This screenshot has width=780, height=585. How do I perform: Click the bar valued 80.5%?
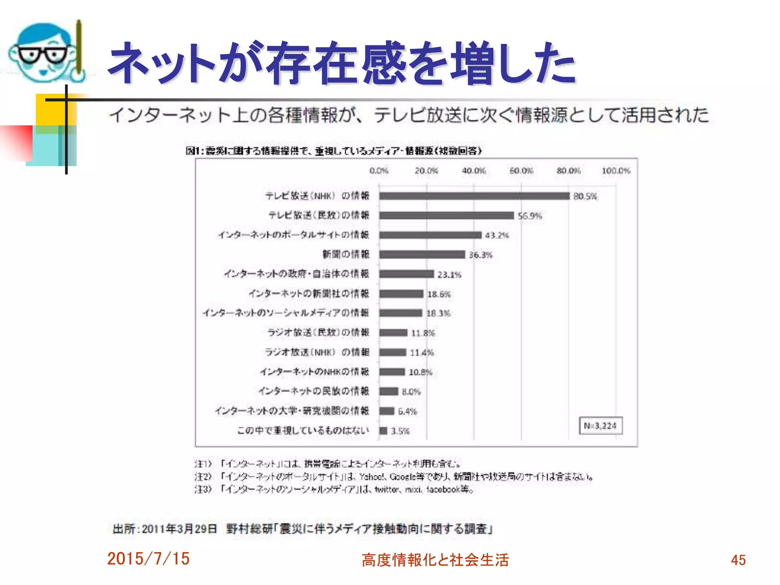[474, 196]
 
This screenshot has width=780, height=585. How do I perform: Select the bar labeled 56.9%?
[446, 216]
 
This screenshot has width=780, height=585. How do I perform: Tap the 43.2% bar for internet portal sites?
[430, 235]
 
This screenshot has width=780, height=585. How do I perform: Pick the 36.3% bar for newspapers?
[422, 254]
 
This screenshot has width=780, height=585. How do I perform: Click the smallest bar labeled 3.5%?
[383, 431]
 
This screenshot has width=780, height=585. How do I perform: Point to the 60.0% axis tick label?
[521, 171]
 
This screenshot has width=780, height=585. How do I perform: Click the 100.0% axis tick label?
[616, 171]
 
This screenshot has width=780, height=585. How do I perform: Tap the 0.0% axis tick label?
[379, 171]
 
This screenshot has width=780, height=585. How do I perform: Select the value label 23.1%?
[449, 275]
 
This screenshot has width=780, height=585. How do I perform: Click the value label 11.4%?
[422, 353]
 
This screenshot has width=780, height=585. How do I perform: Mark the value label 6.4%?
[407, 411]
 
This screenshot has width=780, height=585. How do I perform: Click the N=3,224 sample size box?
[600, 426]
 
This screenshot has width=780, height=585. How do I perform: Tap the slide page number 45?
[738, 560]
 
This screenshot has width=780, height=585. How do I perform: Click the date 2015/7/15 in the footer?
[148, 559]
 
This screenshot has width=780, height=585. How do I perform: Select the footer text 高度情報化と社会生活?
[435, 560]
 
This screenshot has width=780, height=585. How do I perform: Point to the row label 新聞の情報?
[346, 254]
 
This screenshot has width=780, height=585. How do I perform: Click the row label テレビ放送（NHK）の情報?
[317, 196]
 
